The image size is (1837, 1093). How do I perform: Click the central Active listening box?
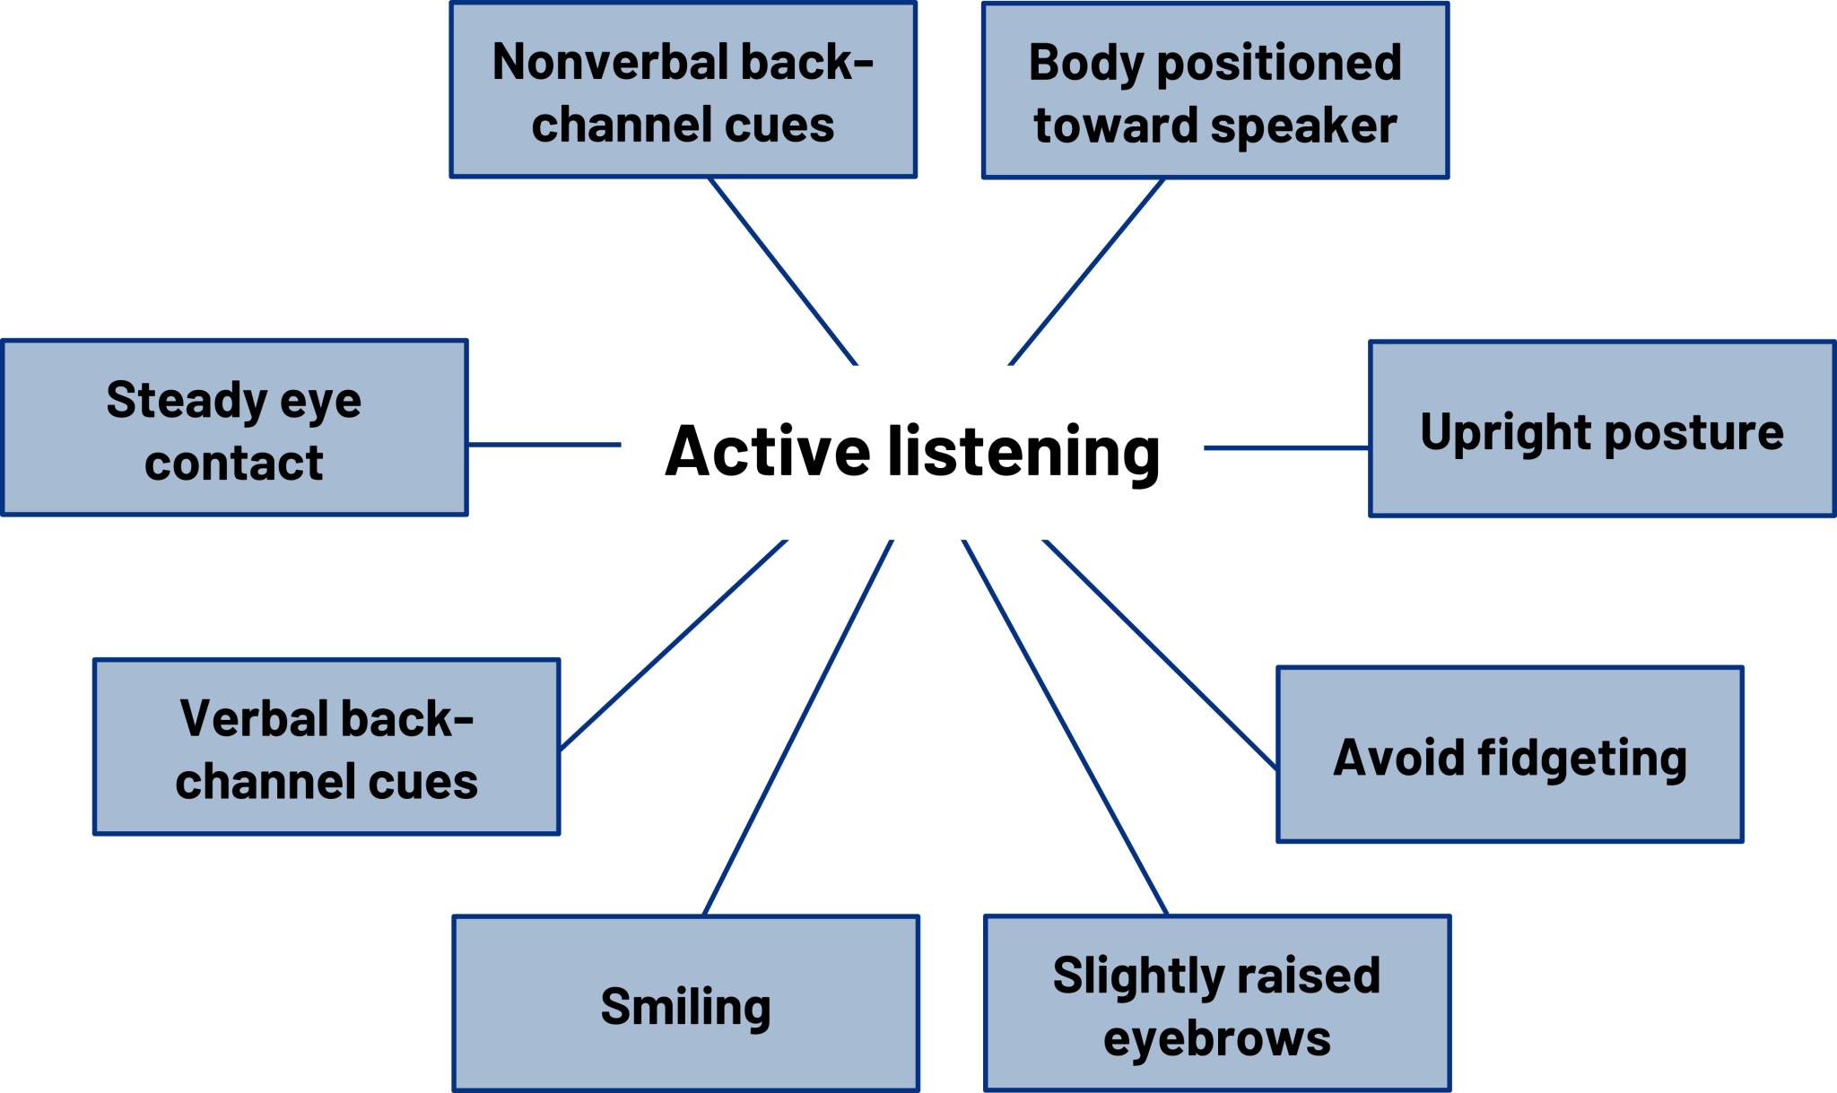(x=911, y=452)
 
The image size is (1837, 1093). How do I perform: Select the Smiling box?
(x=685, y=1004)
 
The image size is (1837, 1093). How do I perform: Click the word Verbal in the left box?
(x=251, y=719)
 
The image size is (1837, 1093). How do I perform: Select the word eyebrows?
(x=1216, y=1039)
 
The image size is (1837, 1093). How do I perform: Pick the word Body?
(x=1085, y=63)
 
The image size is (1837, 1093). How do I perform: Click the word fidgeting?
(x=1582, y=759)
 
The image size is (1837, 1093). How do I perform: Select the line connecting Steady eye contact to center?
(x=544, y=444)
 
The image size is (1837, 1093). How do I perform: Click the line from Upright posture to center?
(x=1286, y=447)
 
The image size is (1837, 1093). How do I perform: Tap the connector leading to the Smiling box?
(x=798, y=727)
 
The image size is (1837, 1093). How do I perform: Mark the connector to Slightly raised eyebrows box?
(x=1065, y=727)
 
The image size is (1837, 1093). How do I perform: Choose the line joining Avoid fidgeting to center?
(x=1159, y=654)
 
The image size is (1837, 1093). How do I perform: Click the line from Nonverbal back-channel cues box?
(x=783, y=271)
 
